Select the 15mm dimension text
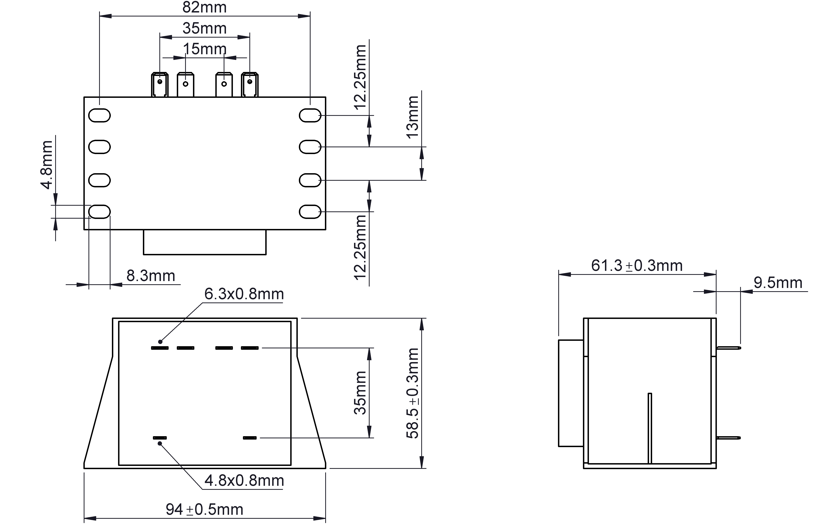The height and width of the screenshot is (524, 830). [204, 49]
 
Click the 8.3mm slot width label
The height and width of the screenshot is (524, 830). [151, 276]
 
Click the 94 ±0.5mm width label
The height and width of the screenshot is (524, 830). [204, 509]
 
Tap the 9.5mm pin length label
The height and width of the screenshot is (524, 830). [778, 283]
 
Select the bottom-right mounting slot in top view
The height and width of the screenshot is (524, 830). [310, 212]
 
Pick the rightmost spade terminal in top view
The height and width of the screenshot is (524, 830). [250, 84]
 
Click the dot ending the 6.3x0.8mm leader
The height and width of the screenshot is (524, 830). [160, 342]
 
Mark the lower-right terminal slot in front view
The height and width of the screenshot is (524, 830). [250, 438]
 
